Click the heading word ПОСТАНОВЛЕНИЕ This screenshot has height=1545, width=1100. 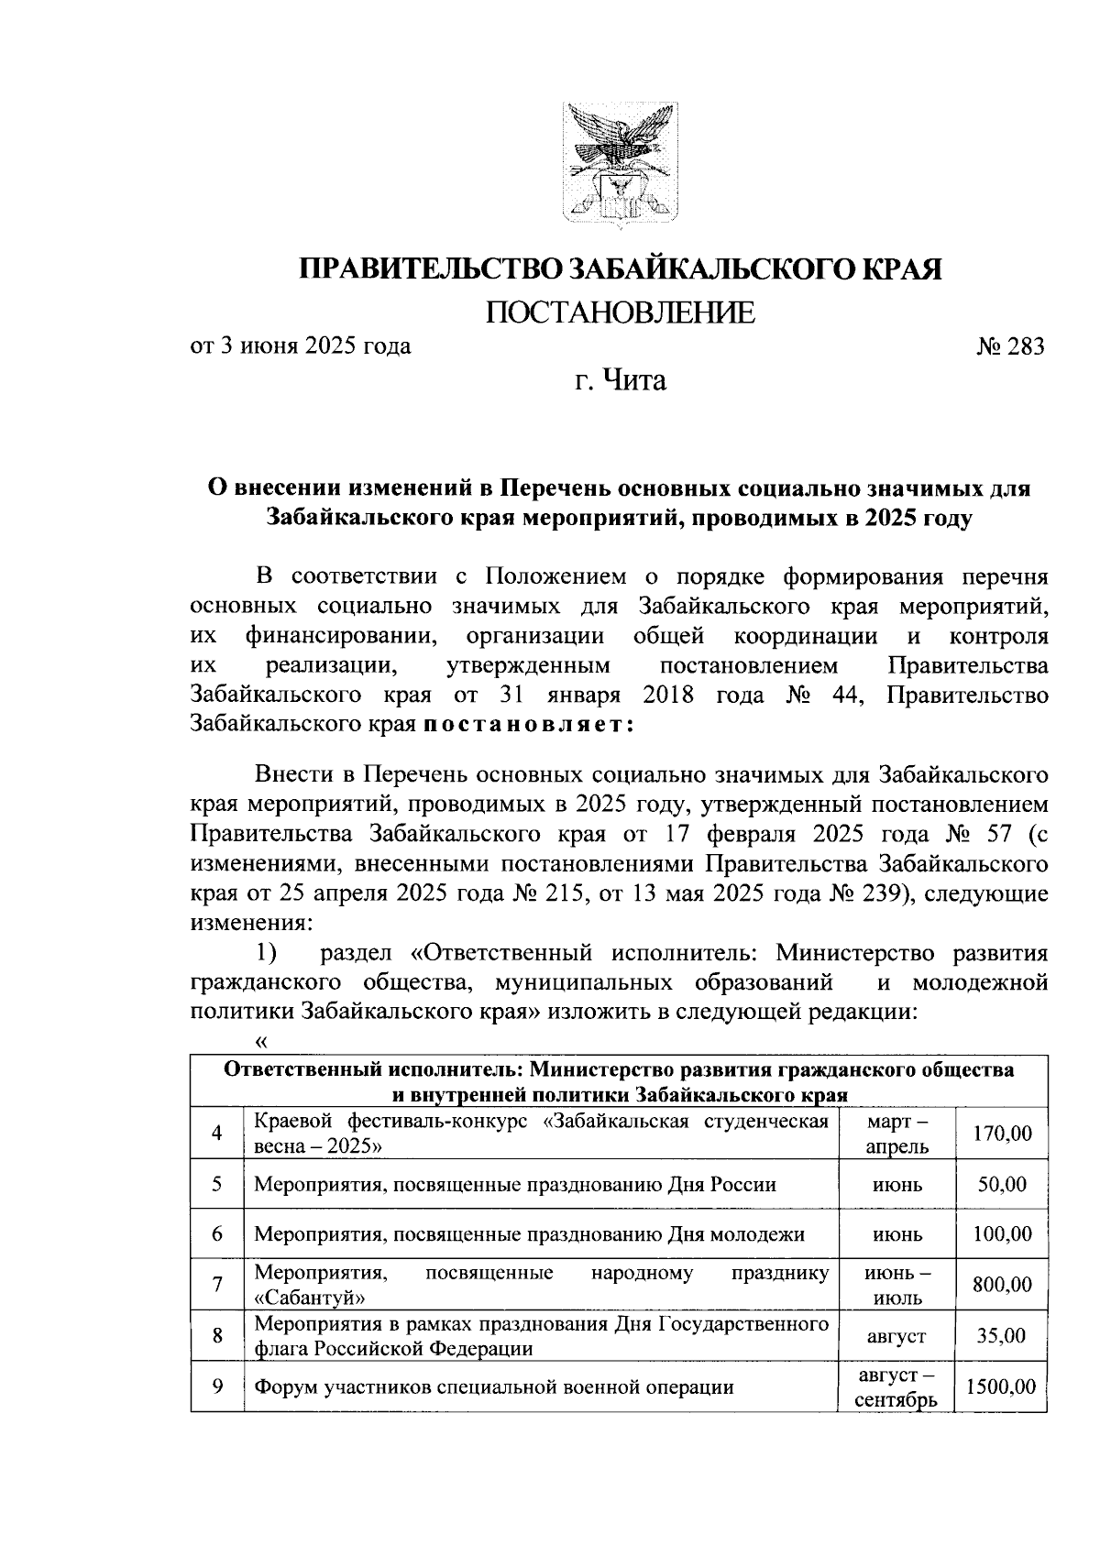(x=620, y=313)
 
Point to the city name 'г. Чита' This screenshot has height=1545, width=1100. (x=620, y=379)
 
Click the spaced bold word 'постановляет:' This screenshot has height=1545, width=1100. (x=528, y=723)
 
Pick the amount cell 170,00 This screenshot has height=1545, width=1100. (x=1002, y=1134)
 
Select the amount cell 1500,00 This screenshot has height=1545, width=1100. (x=1002, y=1386)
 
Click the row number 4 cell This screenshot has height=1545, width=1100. (x=217, y=1134)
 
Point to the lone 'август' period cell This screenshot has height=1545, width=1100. (x=896, y=1336)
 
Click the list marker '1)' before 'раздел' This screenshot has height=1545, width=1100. (x=266, y=953)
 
